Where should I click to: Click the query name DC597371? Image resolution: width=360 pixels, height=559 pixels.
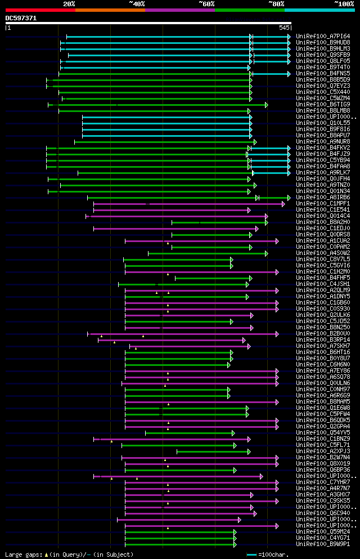click(21, 18)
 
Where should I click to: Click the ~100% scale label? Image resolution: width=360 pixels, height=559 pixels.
click(344, 3)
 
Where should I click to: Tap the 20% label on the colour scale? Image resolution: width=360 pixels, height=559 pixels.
click(69, 3)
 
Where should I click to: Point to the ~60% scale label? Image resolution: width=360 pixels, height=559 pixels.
click(206, 3)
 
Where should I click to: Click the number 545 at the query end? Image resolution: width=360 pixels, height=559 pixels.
click(284, 27)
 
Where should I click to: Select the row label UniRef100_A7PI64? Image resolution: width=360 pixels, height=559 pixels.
click(323, 37)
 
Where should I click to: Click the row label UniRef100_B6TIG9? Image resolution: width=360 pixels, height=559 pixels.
click(323, 105)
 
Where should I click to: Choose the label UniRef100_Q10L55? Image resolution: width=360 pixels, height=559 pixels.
click(323, 123)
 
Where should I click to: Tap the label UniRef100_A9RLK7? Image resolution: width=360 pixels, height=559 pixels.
click(323, 173)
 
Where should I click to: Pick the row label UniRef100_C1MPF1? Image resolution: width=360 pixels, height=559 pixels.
click(323, 204)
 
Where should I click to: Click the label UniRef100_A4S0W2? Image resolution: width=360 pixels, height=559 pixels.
click(323, 253)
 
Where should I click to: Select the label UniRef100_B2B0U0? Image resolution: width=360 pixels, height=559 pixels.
click(323, 334)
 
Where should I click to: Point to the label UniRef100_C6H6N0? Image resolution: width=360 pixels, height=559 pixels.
click(323, 365)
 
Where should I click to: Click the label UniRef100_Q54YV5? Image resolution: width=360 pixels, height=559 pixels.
click(323, 433)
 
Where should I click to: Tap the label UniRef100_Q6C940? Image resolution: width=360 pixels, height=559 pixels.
click(323, 513)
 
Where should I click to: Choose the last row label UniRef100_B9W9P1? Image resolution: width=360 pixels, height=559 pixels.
click(323, 544)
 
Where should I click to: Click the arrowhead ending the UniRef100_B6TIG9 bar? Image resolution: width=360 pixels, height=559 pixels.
click(267, 105)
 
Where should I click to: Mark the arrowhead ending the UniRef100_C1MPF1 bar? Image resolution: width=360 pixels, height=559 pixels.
click(283, 204)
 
